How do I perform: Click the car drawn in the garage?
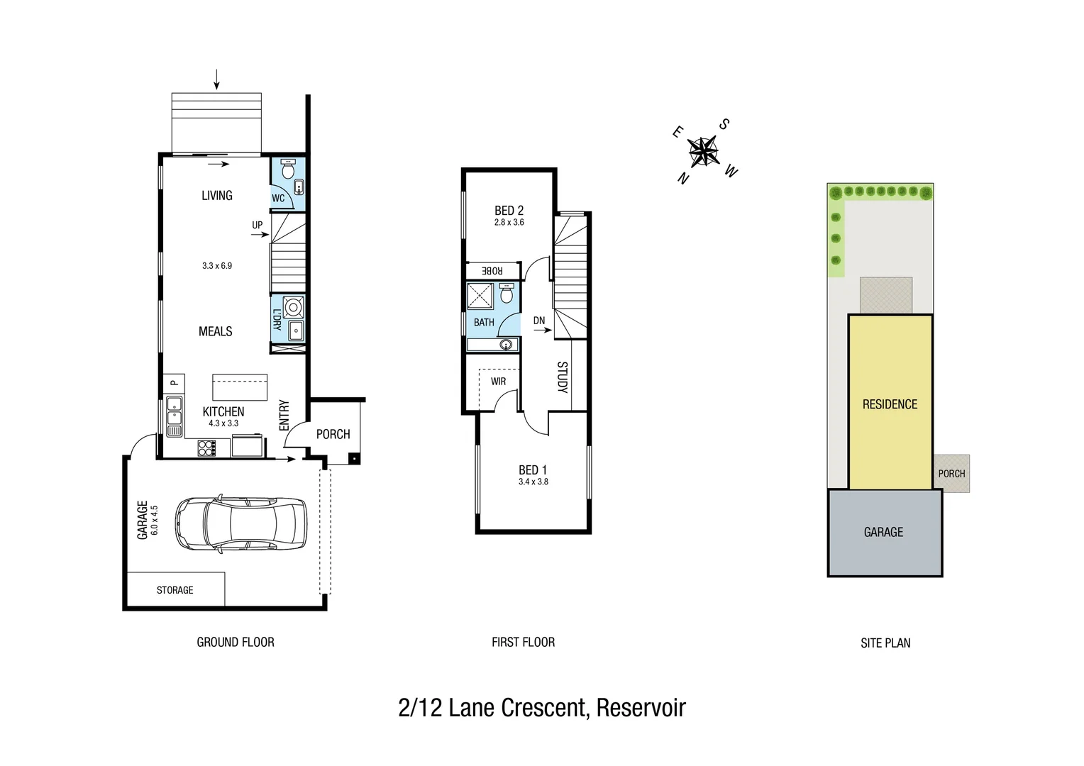241,523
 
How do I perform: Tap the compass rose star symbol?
704,151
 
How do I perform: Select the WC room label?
278,199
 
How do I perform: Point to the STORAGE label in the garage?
175,590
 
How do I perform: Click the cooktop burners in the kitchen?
206,448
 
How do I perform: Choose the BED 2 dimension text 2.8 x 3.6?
509,223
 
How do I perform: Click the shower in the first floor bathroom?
480,296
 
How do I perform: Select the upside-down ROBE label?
492,271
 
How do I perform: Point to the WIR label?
498,382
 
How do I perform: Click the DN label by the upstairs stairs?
539,321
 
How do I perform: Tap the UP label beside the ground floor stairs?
257,225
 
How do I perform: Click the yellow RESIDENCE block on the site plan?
890,404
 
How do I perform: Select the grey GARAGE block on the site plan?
884,533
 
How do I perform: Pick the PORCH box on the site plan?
951,474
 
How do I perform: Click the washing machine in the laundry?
293,307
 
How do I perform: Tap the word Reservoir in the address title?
641,708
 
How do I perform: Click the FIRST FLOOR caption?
523,643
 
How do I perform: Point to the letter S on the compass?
724,124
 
